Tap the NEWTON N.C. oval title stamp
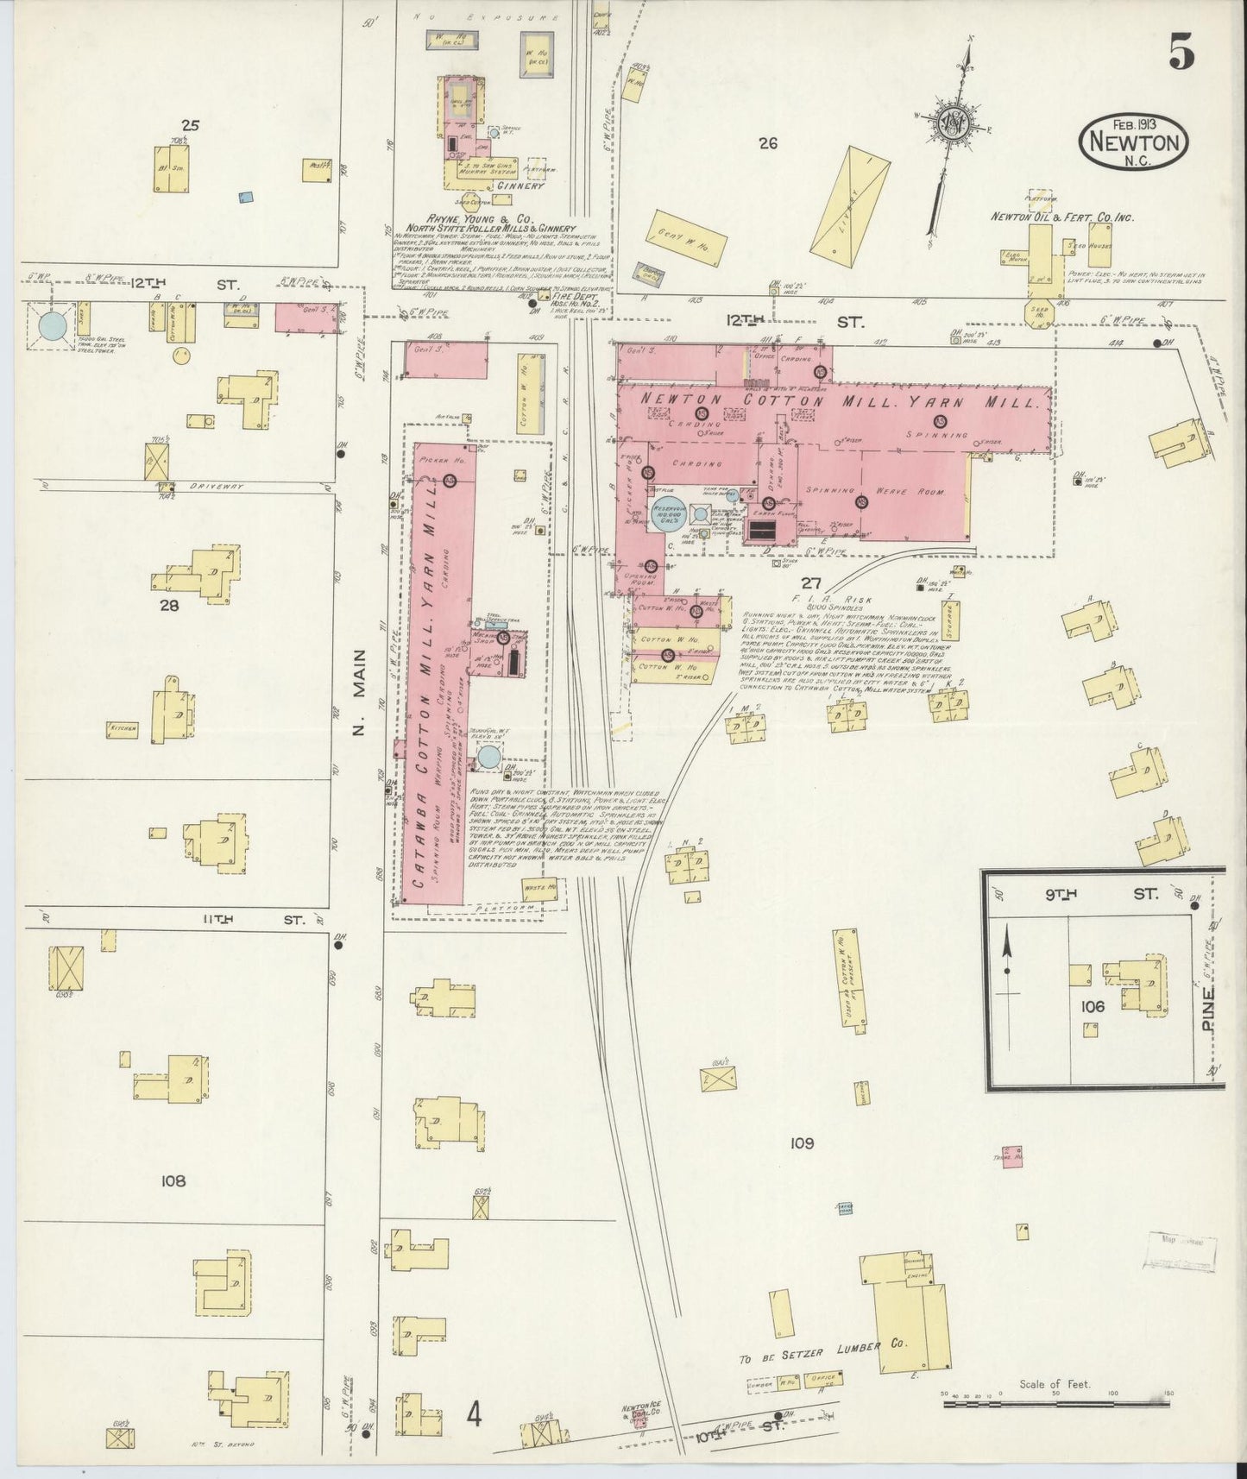coord(1133,139)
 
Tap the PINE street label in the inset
coord(1207,1006)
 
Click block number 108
coord(173,1180)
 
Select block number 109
coord(802,1143)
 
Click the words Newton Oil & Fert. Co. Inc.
coord(1061,217)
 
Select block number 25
coord(190,125)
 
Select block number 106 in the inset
coord(1092,1006)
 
